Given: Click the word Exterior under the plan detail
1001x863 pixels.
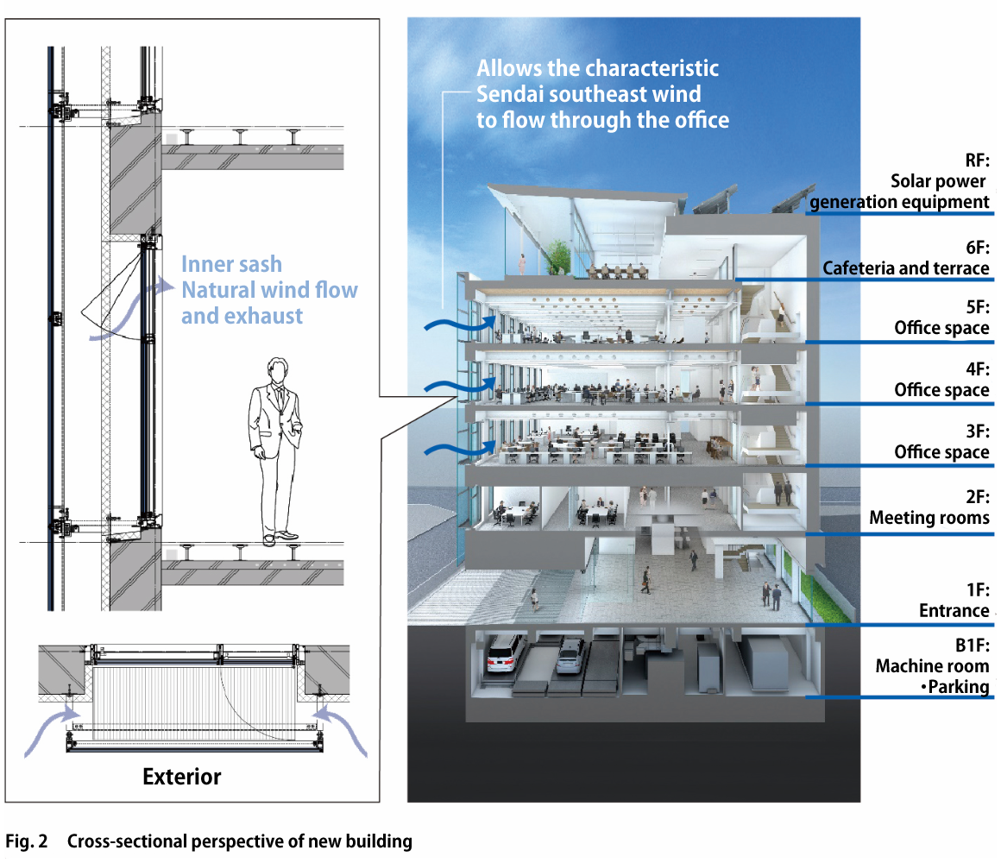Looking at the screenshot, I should tap(182, 777).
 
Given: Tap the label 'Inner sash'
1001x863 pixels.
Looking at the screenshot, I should tap(231, 264).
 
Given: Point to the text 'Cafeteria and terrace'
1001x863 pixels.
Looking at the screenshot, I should tap(905, 268).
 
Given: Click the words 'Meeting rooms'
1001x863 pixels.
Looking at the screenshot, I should tap(929, 518).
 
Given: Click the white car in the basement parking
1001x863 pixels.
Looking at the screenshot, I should tap(507, 652).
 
